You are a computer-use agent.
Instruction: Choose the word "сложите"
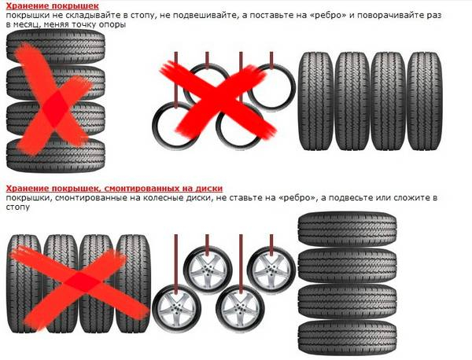[x=411, y=198]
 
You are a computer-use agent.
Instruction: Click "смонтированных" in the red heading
[x=141, y=189]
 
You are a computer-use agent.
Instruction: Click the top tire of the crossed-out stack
[x=56, y=46]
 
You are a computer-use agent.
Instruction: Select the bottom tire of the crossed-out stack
[x=56, y=156]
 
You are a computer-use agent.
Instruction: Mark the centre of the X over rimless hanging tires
[x=217, y=97]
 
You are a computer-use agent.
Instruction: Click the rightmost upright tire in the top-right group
[x=425, y=101]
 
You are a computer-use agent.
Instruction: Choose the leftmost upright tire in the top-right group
[x=315, y=101]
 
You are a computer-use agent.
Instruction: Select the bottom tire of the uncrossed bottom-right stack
[x=347, y=338]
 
